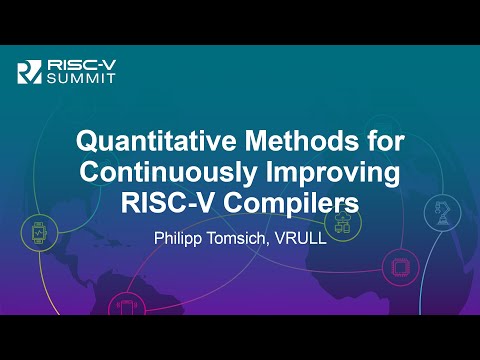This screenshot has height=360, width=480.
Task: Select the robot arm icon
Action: click(x=441, y=211)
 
